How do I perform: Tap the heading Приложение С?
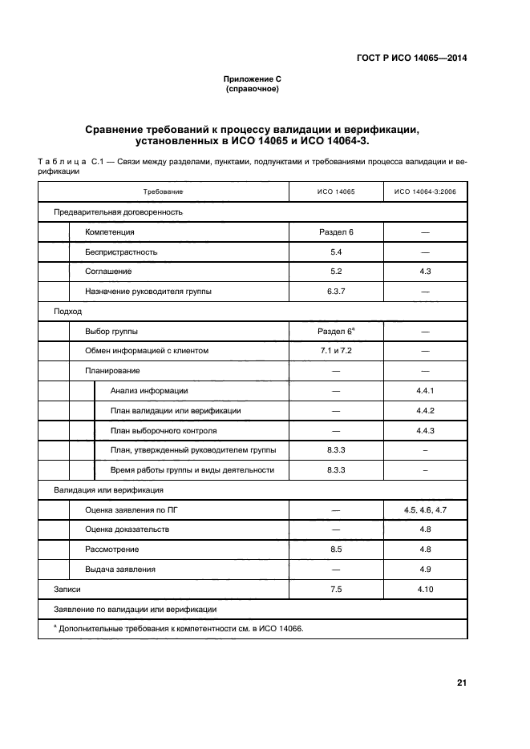tap(252, 80)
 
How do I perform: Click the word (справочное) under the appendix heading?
tap(252, 90)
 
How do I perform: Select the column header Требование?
tap(164, 192)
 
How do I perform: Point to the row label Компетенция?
tap(110, 232)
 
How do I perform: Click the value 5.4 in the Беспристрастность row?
tap(335, 252)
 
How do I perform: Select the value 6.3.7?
tap(335, 292)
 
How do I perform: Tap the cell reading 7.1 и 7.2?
tap(335, 351)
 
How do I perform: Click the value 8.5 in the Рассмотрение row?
tap(335, 550)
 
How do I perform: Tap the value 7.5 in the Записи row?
tap(335, 590)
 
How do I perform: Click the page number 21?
tap(461, 683)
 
